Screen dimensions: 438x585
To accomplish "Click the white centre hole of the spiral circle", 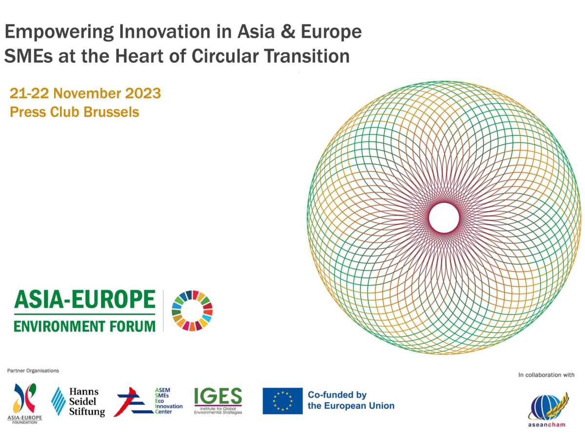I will click(444, 218).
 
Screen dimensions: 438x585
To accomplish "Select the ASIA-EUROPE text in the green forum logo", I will click(85, 300).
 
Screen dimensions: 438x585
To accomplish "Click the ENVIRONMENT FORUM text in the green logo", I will click(85, 325).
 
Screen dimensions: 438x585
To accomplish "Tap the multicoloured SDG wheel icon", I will click(192, 310).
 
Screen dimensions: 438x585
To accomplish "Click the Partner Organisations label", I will click(33, 371).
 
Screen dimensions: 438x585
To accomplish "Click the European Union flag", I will click(282, 401).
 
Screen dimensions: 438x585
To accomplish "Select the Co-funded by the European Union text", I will click(351, 400).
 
